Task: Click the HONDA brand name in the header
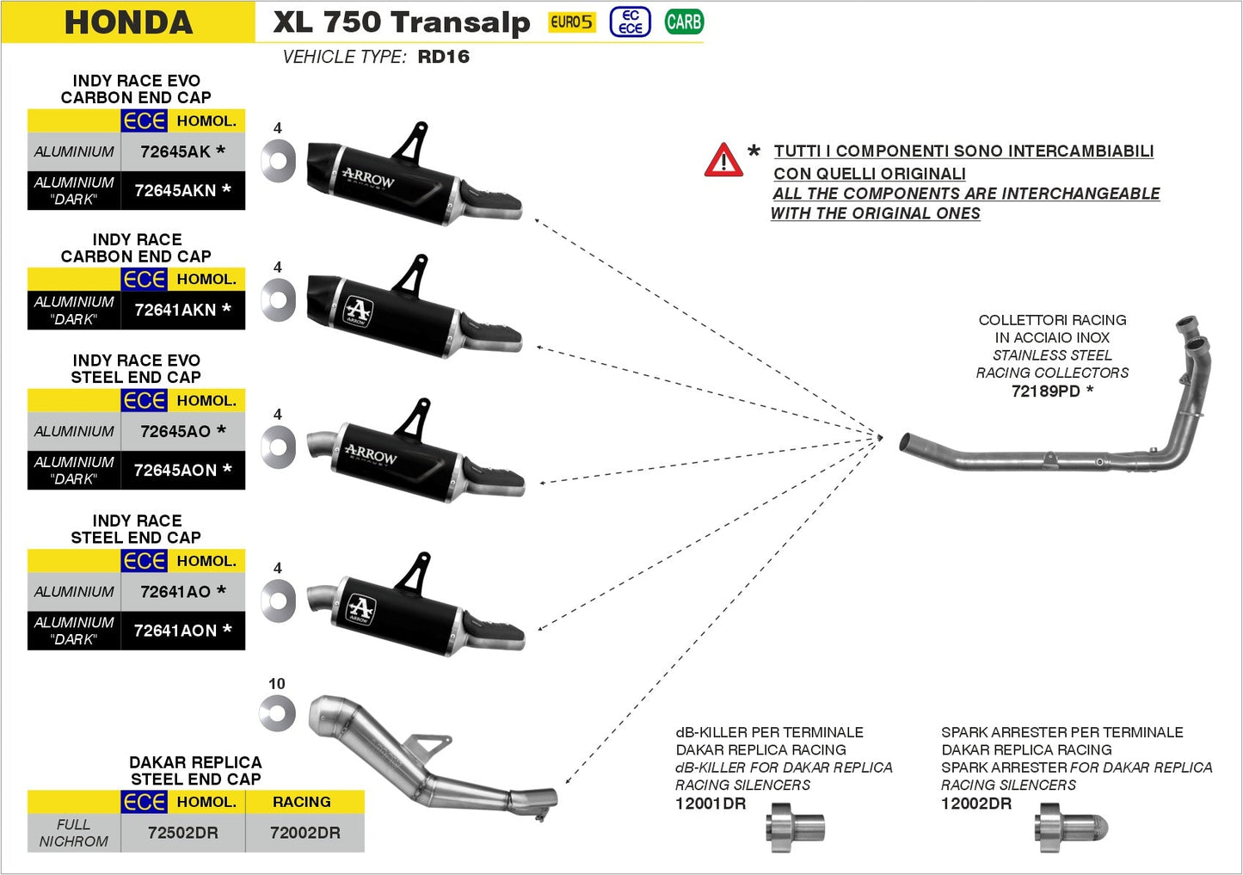128,22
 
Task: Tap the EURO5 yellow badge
572,22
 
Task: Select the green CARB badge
684,22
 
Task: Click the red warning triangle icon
723,161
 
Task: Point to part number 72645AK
175,151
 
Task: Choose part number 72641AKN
175,310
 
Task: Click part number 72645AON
175,470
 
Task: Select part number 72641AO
175,592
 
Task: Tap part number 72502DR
183,833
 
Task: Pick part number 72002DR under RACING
305,833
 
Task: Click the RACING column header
302,802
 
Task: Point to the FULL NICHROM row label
74,833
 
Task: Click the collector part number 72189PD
1045,391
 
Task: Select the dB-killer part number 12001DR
711,804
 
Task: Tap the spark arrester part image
1071,828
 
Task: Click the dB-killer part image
795,828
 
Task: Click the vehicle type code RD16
443,57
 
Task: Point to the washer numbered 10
278,713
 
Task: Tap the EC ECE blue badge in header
631,22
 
